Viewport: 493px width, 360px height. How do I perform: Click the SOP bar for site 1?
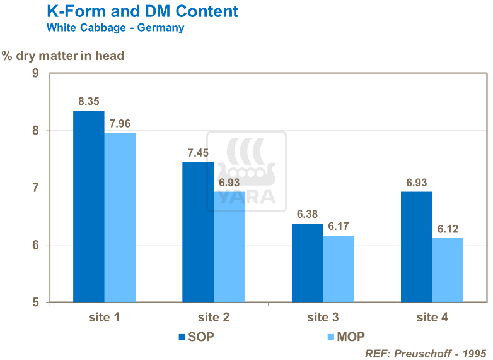tap(89, 207)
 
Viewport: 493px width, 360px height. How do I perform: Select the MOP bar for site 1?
tap(120, 217)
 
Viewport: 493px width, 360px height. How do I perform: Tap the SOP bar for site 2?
tap(198, 232)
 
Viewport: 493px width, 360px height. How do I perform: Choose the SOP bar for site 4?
tap(417, 247)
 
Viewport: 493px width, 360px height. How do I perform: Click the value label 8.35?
tap(89, 101)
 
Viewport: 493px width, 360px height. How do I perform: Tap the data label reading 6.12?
tap(448, 229)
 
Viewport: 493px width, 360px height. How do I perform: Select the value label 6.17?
tap(339, 226)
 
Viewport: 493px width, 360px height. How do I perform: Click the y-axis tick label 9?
tap(35, 73)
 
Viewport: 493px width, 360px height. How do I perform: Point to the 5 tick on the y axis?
tap(35, 303)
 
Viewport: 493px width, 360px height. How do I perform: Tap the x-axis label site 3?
tap(323, 317)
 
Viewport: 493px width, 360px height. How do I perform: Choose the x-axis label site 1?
tap(104, 317)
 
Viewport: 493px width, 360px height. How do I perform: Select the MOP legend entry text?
tap(351, 337)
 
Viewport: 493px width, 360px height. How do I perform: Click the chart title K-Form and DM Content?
tap(142, 11)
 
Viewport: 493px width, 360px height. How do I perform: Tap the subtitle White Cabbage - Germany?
tap(115, 28)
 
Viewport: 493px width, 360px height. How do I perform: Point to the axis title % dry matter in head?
tap(63, 56)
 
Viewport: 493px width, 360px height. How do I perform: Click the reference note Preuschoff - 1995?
tap(426, 352)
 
